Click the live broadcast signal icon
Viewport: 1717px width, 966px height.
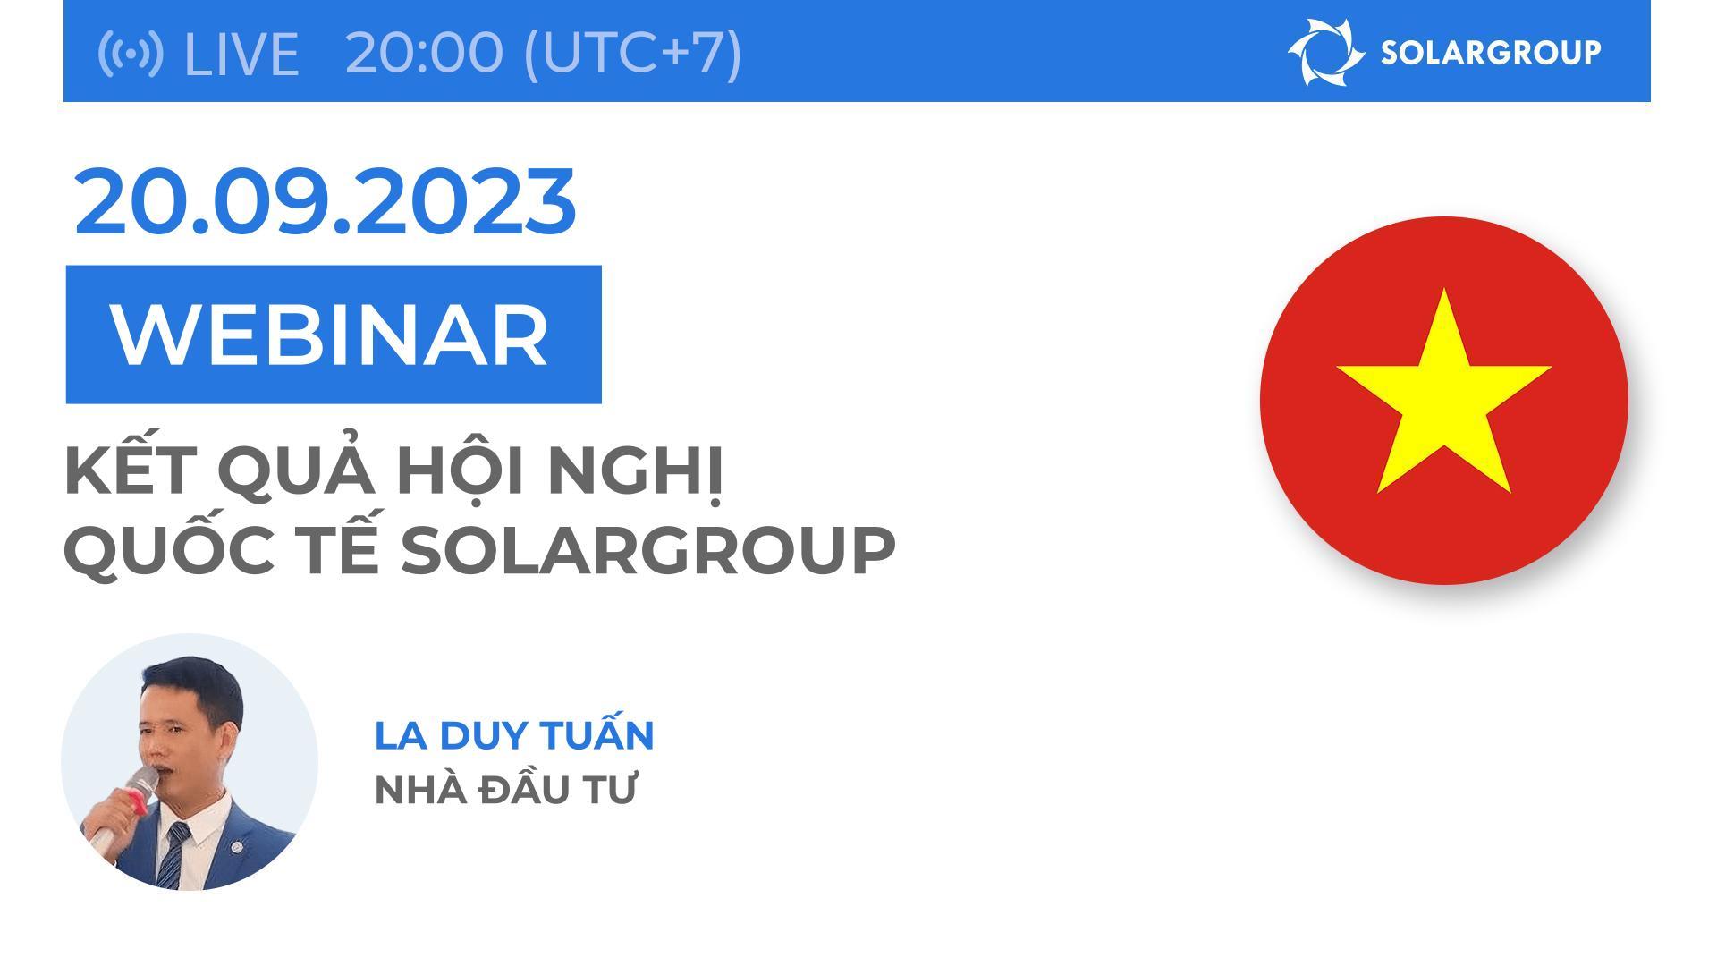(x=130, y=53)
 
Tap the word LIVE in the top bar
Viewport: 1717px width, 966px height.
(x=241, y=54)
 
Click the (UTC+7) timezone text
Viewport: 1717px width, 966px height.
(x=632, y=52)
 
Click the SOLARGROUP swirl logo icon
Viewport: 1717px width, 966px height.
(x=1324, y=52)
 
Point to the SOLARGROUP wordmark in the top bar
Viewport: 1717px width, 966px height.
(x=1491, y=53)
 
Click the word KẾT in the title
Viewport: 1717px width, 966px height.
(x=131, y=471)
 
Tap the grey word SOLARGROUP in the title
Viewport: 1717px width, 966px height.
(x=647, y=550)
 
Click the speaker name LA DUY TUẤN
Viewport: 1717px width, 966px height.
(x=514, y=734)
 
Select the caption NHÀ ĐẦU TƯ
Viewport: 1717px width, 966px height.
(x=504, y=790)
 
